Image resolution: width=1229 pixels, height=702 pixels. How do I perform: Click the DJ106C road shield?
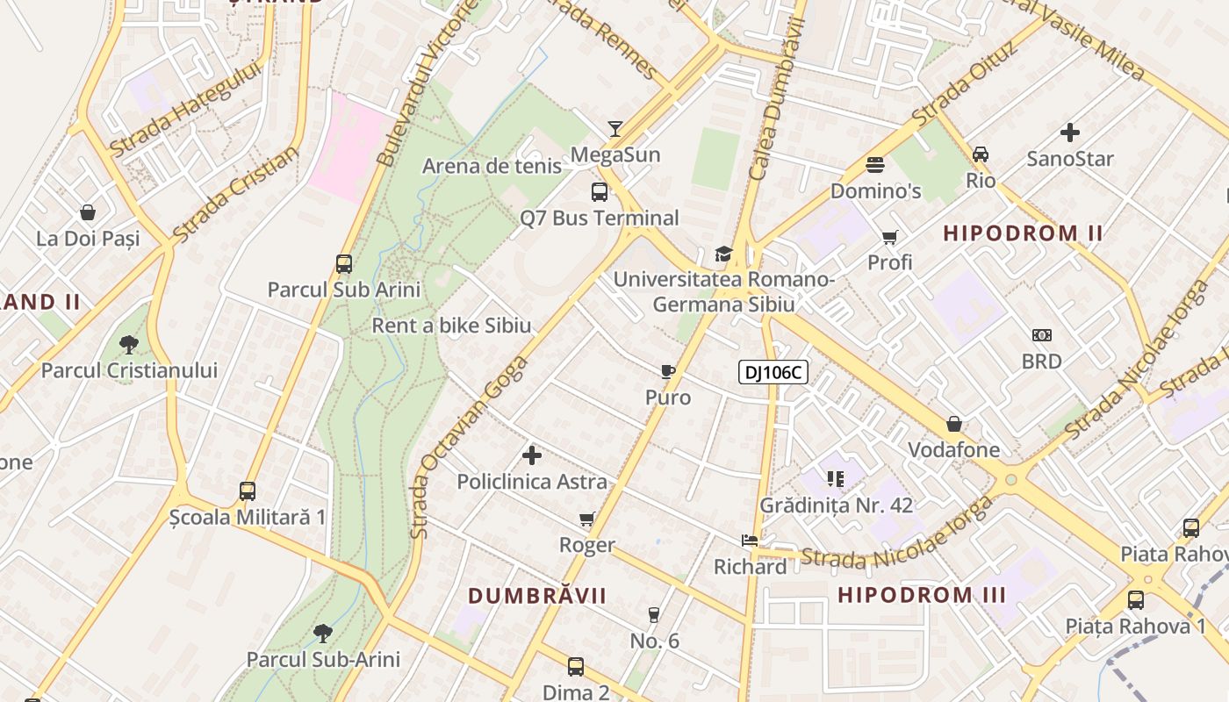[x=773, y=372]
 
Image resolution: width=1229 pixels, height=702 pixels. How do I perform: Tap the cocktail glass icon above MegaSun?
[x=615, y=129]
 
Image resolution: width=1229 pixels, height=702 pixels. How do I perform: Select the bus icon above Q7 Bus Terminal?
[x=600, y=192]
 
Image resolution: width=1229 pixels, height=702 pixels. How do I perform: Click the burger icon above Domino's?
[x=874, y=164]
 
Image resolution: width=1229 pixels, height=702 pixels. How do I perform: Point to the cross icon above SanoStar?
[x=1069, y=133]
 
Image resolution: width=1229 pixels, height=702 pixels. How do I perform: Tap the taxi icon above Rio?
[x=981, y=154]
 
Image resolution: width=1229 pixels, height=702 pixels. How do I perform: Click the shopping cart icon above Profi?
[x=889, y=237]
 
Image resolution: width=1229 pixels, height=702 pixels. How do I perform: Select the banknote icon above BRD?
[x=1041, y=335]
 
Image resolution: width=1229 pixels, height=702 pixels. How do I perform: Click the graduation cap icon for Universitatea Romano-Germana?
[x=723, y=254]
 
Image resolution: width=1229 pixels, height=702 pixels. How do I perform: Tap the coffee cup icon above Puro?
[x=668, y=371]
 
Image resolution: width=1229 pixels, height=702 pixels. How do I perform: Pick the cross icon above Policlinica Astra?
[x=532, y=455]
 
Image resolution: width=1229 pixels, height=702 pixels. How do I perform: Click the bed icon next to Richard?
[x=749, y=541]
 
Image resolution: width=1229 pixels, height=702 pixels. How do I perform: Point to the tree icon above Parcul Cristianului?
[x=129, y=344]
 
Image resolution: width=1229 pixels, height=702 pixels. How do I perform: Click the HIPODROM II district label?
[x=1023, y=233]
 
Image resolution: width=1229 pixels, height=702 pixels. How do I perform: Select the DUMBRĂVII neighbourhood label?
[x=537, y=596]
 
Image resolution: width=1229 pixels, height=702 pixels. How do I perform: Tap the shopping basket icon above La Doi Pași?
[x=88, y=212]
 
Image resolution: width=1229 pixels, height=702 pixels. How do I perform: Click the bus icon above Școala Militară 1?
[x=248, y=491]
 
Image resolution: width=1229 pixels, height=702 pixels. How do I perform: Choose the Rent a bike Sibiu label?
[x=451, y=326]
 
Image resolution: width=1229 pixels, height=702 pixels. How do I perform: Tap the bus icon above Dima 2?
[x=576, y=666]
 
